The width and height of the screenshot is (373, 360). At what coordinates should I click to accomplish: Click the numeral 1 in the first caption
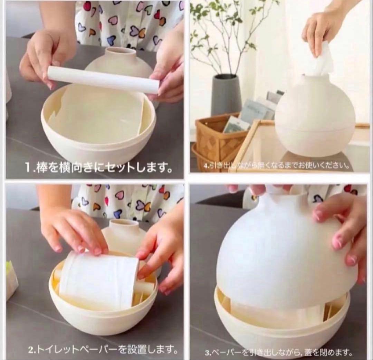(28, 168)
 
